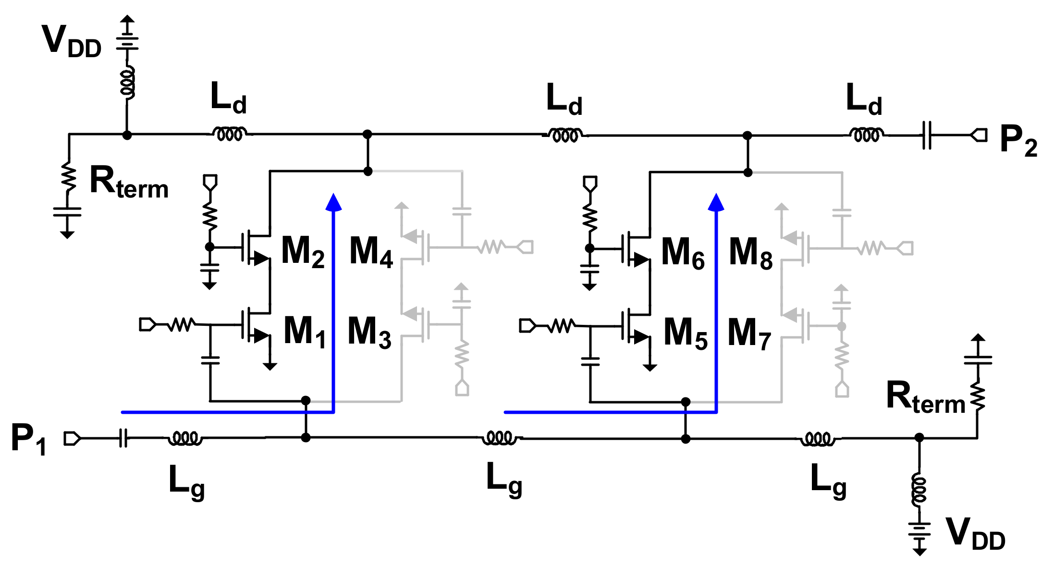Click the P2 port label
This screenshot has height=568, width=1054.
pos(1018,140)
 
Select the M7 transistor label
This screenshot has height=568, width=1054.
pos(749,333)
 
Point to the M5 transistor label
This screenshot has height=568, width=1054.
pos(685,333)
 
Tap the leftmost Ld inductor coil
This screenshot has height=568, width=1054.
pos(230,134)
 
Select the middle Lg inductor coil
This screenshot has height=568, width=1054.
pos(500,438)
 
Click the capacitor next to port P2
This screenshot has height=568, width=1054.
pos(927,136)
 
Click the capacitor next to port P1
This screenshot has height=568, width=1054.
pos(123,438)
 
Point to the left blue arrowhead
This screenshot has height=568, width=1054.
pos(333,202)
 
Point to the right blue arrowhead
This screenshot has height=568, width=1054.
pos(716,202)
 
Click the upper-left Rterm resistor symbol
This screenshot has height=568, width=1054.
pos(69,178)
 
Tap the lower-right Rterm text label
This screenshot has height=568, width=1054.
pos(925,398)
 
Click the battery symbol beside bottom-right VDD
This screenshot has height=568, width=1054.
pos(919,531)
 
